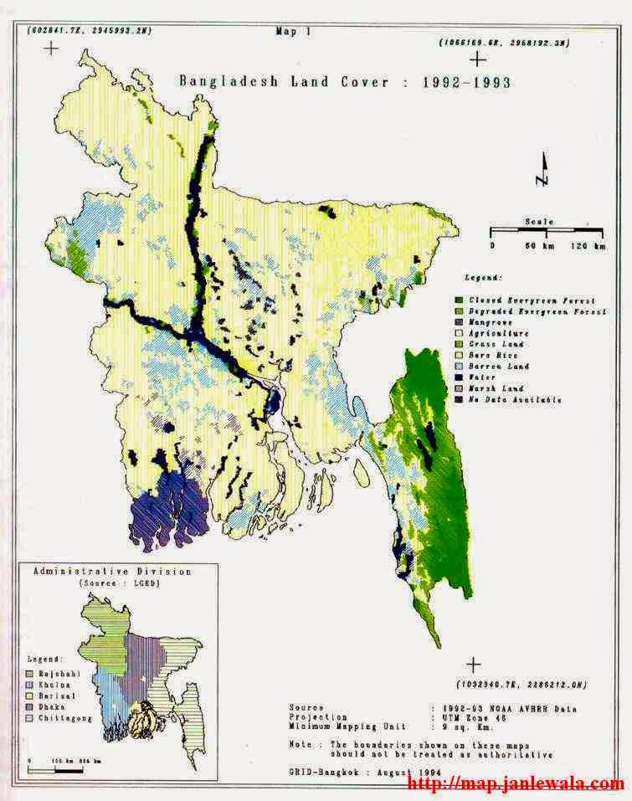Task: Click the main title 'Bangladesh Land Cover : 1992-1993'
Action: point(345,82)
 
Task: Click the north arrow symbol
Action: point(542,171)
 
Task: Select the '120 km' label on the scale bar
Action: point(588,246)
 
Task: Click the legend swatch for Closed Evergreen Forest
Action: point(459,300)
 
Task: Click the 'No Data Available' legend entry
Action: point(515,399)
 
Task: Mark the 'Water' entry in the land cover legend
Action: point(484,377)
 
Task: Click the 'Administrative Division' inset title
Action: point(111,572)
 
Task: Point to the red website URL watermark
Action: point(516,784)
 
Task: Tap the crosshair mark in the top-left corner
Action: point(52,49)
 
